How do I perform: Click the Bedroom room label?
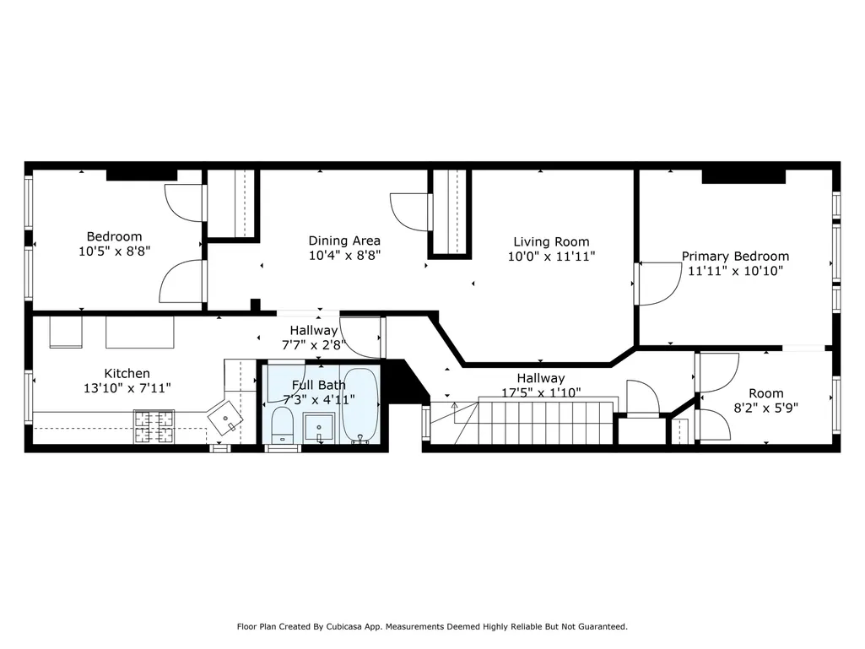point(114,237)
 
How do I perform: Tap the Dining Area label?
point(344,241)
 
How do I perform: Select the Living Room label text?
point(551,241)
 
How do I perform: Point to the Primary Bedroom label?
point(735,256)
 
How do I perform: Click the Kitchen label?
point(127,374)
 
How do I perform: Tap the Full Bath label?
point(319,385)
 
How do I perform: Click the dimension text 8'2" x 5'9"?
point(765,408)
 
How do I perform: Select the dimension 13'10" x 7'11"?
point(127,388)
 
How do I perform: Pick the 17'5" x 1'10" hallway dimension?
point(541,392)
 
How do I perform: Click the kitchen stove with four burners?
point(154,426)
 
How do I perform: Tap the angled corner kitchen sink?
point(225,416)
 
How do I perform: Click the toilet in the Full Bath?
point(283,425)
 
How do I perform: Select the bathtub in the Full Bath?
point(360,405)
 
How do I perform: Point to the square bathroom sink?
point(319,428)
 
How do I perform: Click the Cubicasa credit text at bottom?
point(432,626)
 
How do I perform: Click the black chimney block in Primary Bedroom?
point(743,176)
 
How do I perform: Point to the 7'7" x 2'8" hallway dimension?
point(314,345)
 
